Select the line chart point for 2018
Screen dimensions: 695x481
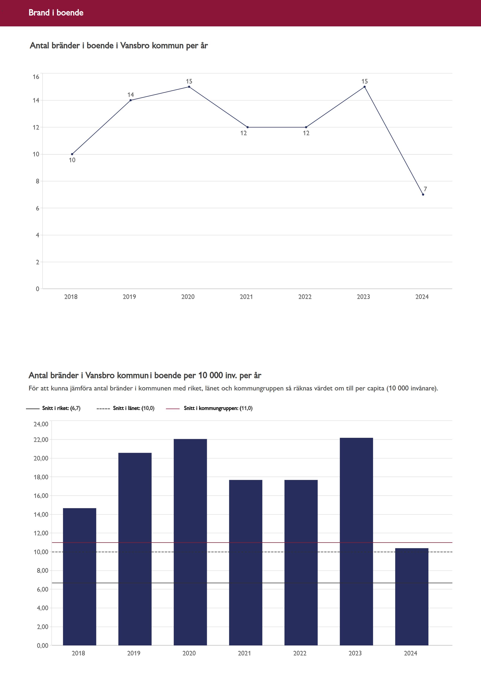[x=72, y=154]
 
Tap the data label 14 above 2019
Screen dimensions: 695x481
[x=130, y=95]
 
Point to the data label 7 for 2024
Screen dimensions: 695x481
[x=425, y=189]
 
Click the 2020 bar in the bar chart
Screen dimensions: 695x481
[x=190, y=542]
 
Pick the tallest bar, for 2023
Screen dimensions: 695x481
[x=356, y=542]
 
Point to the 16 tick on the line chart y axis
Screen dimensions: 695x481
[x=36, y=77]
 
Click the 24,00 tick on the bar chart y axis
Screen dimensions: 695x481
[x=41, y=424]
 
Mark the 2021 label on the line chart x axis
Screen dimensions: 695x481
[x=246, y=297]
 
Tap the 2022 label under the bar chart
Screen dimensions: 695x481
[x=299, y=653]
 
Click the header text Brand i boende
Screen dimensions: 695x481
[x=56, y=13]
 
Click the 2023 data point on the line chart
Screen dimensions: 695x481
[x=364, y=87]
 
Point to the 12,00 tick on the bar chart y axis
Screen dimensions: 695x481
[x=41, y=533]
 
